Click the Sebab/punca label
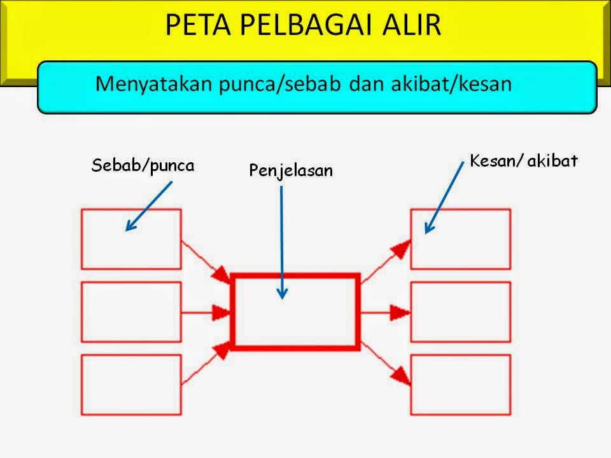[x=143, y=166]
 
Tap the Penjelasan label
[x=291, y=170]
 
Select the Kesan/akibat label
[x=523, y=161]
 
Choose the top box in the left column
[x=131, y=239]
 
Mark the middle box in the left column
[x=131, y=312]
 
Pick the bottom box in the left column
[x=131, y=384]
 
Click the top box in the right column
[x=460, y=239]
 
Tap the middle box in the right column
[x=460, y=312]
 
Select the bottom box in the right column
[x=460, y=384]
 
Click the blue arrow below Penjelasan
[x=282, y=242]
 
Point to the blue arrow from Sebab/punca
[x=149, y=205]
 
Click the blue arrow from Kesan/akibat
[x=444, y=198]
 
